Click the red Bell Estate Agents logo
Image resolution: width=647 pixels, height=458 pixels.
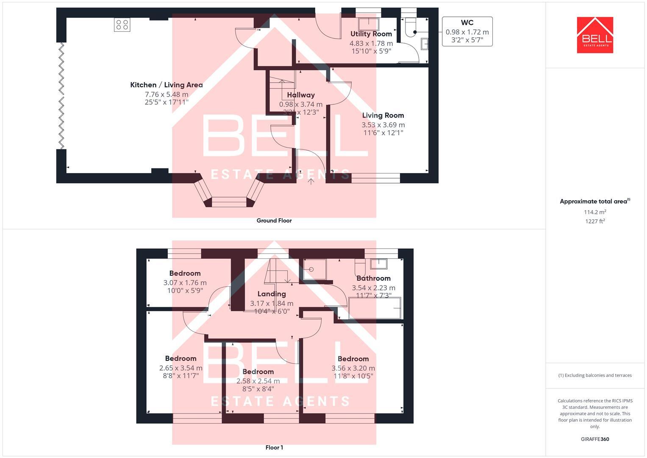tap(595, 35)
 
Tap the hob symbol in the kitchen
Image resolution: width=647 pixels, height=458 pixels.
tap(122, 25)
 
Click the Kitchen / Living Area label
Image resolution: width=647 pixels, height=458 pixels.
tap(167, 85)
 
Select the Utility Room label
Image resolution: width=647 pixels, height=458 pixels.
tap(371, 34)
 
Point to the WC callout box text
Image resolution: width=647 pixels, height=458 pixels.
tap(467, 31)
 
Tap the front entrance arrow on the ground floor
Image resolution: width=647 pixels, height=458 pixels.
tap(311, 182)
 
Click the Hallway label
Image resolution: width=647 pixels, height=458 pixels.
tap(301, 95)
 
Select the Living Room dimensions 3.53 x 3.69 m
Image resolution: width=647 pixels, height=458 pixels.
tap(383, 125)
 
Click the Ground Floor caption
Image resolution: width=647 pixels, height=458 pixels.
tap(274, 221)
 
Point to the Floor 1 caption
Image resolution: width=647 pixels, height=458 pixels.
tap(274, 447)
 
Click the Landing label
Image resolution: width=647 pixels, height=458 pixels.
tap(272, 294)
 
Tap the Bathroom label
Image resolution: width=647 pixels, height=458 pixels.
tap(373, 278)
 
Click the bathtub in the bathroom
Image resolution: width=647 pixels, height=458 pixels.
tap(375, 308)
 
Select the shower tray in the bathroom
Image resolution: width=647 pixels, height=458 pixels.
tap(315, 269)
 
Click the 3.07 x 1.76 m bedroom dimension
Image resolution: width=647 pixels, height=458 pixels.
tap(185, 282)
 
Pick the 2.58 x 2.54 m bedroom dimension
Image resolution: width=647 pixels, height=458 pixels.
tap(258, 381)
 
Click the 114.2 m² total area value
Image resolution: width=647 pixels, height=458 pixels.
tap(595, 212)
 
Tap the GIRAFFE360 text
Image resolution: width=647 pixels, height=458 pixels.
tap(595, 439)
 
